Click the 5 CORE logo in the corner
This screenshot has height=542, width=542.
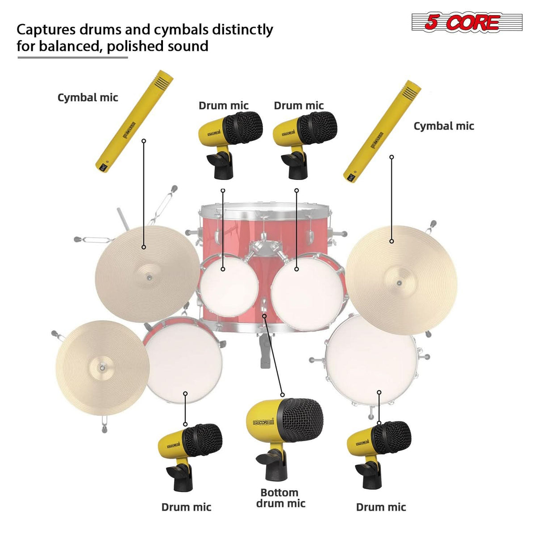click(467, 22)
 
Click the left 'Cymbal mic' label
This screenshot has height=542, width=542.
click(88, 97)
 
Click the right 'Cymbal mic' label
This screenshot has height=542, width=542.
click(443, 126)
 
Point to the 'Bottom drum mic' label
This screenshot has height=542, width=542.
click(280, 498)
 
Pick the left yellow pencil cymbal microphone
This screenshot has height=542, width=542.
click(134, 121)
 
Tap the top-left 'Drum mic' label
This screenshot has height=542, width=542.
click(223, 106)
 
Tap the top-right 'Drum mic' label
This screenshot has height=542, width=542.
click(298, 106)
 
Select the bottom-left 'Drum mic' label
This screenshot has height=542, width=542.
click(186, 507)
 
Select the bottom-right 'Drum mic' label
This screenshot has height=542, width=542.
click(381, 507)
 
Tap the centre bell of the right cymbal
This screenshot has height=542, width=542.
click(399, 283)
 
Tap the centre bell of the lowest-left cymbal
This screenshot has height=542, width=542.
click(102, 367)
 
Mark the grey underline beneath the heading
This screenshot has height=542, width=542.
click(72, 57)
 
